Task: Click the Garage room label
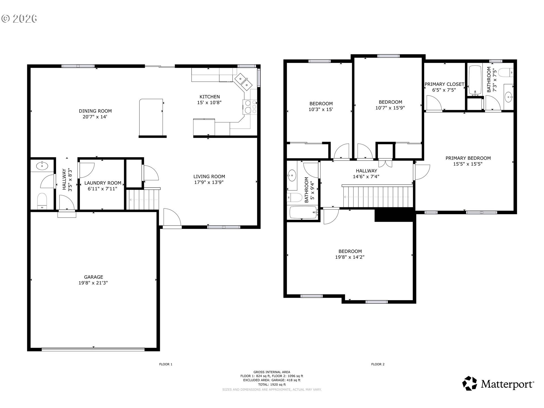coord(93,277)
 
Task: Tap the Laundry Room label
coord(103,183)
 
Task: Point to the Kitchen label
coord(210,97)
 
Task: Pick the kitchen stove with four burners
coord(249,107)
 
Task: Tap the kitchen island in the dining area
coord(151,117)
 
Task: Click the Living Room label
coord(209,177)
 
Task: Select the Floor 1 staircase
coord(143,199)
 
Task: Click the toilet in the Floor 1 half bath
coord(42,201)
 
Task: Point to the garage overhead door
coord(93,349)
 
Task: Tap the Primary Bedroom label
coord(468,158)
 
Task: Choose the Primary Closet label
coord(444,84)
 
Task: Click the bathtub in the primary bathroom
coord(475,80)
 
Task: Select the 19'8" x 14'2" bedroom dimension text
coord(350,257)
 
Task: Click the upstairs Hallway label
coord(366,171)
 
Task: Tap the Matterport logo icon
coord(470,383)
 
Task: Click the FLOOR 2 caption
coord(378,364)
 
